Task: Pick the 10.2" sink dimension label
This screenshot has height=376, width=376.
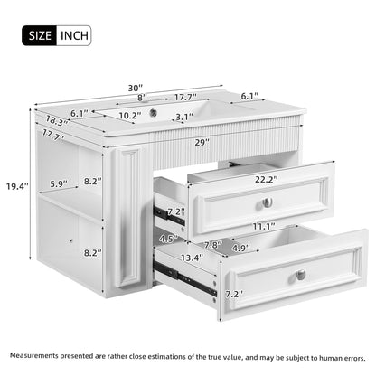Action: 129,116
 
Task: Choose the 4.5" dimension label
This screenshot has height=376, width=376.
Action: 167,239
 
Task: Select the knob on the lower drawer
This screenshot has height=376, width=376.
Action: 300,274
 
